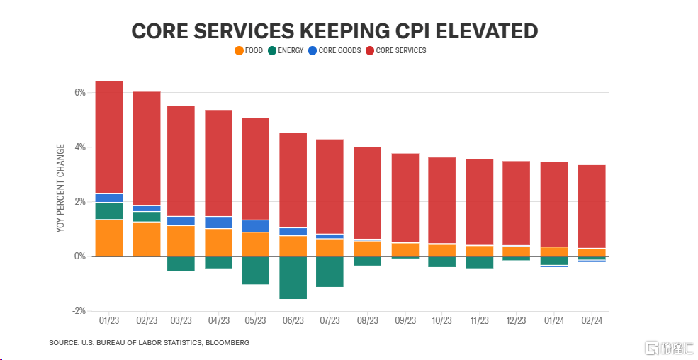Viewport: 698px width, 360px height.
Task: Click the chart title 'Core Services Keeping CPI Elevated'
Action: (334, 31)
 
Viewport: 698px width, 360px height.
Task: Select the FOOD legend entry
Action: (249, 51)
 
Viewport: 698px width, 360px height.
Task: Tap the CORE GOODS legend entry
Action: (334, 51)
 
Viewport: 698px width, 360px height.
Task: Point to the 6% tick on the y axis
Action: (79, 93)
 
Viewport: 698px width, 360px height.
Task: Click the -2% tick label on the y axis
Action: (78, 311)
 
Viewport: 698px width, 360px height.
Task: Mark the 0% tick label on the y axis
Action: (79, 257)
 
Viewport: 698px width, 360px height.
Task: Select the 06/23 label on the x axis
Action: (293, 321)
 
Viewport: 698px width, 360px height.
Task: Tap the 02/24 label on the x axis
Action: (592, 321)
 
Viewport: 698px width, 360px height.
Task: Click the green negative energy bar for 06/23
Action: (293, 278)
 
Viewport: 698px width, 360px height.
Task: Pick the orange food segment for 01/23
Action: (109, 238)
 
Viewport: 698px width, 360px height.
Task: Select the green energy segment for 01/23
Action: (109, 211)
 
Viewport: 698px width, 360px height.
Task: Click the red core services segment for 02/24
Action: (592, 206)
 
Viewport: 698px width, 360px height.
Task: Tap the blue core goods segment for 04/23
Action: (219, 223)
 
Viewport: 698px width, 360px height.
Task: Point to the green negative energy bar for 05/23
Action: (256, 271)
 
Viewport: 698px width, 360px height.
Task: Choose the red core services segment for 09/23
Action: (405, 198)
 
